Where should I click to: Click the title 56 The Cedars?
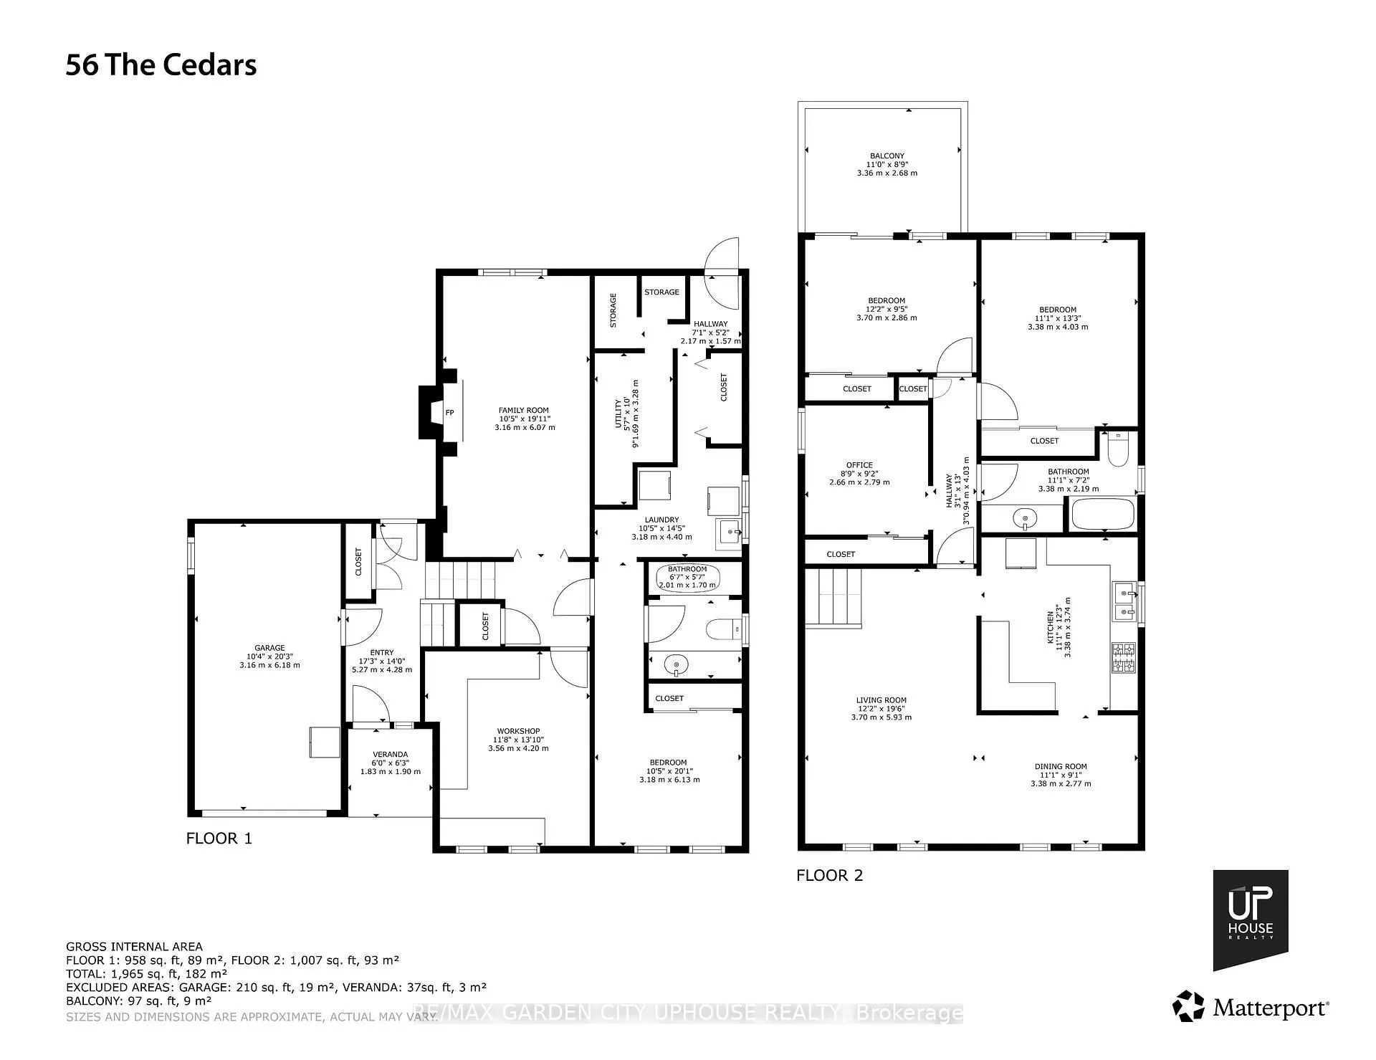(161, 65)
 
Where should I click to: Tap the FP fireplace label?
(450, 412)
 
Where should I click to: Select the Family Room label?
(524, 411)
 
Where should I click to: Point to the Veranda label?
(390, 755)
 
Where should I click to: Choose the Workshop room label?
(518, 731)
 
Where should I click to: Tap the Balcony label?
(887, 156)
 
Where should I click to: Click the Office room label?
(859, 465)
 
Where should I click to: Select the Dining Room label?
(1061, 766)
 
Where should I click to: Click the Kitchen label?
(1051, 628)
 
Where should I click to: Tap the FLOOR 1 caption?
(219, 838)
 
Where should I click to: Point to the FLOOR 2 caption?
(830, 875)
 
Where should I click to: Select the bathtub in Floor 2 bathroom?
(1102, 514)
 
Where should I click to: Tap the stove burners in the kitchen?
(1122, 658)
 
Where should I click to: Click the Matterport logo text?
(1271, 1008)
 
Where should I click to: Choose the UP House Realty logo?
(1251, 920)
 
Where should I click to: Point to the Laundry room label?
(661, 520)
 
